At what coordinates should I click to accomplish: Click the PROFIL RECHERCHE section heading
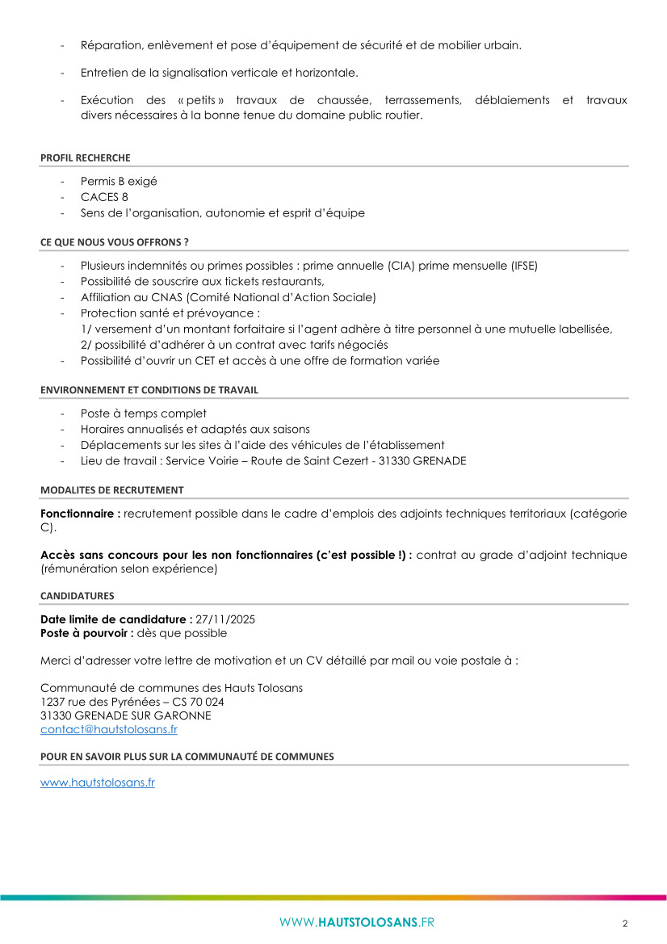click(x=85, y=157)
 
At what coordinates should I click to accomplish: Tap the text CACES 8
click(x=104, y=197)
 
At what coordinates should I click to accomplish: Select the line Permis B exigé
click(x=119, y=181)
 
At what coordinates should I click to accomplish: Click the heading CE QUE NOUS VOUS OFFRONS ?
click(x=114, y=241)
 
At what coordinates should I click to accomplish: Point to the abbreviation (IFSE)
click(x=519, y=265)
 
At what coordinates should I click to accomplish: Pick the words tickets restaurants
click(x=279, y=281)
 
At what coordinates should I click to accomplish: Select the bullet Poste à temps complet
click(x=144, y=413)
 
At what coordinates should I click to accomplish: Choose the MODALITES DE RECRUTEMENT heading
click(x=111, y=490)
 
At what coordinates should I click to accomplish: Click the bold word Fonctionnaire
click(x=78, y=514)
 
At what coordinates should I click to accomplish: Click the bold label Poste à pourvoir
click(x=86, y=633)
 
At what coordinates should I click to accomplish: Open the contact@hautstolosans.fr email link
click(x=109, y=729)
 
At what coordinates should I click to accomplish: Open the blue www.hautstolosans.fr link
click(x=98, y=782)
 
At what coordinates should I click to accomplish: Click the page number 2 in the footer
click(x=624, y=924)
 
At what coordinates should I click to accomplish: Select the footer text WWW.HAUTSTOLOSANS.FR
click(x=357, y=923)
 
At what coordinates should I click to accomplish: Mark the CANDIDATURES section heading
click(x=77, y=596)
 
